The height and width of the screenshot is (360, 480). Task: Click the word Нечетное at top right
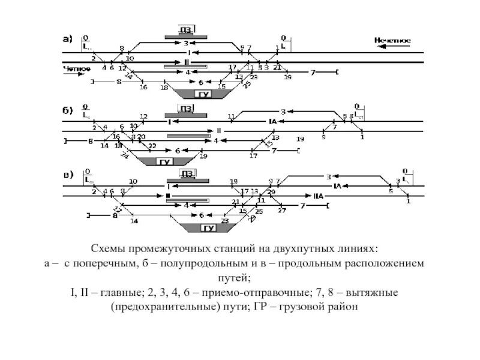392,40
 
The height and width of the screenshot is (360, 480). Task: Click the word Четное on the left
76,69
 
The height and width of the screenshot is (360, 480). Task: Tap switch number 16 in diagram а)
143,88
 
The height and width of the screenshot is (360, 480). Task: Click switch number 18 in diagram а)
164,88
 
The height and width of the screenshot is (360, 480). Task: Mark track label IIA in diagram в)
319,196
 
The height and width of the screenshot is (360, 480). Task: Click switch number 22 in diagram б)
152,146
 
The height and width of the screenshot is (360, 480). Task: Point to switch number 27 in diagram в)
281,211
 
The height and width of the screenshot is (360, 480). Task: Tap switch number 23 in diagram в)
225,220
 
